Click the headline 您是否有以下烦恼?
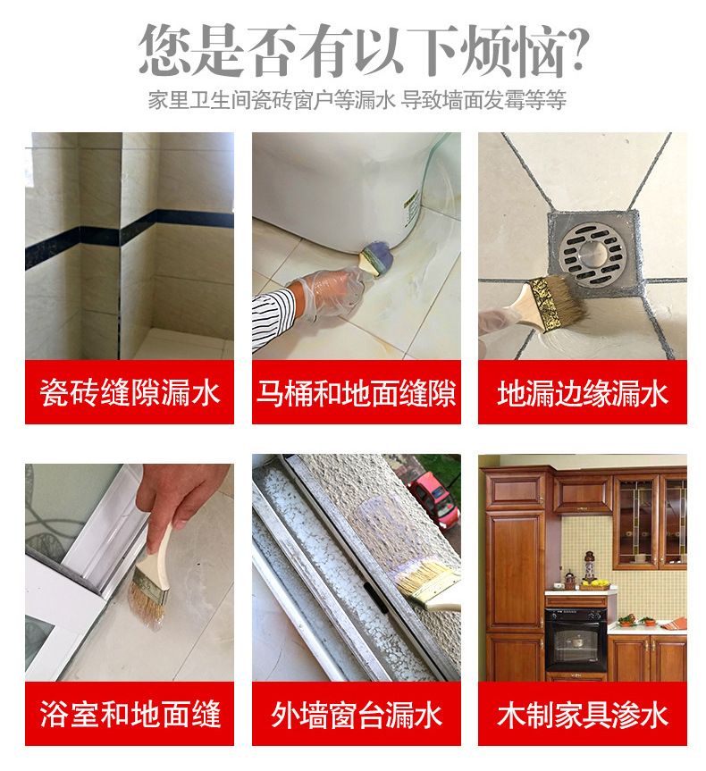[x=364, y=50]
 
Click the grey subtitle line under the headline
[x=357, y=100]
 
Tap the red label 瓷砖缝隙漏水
[x=130, y=392]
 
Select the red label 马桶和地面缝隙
[x=357, y=392]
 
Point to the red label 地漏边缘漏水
[x=583, y=392]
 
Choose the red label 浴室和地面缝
[x=130, y=714]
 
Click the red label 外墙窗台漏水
[x=357, y=714]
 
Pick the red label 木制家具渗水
[x=583, y=714]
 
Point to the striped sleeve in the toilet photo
[x=273, y=317]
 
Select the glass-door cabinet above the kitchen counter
[x=650, y=520]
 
